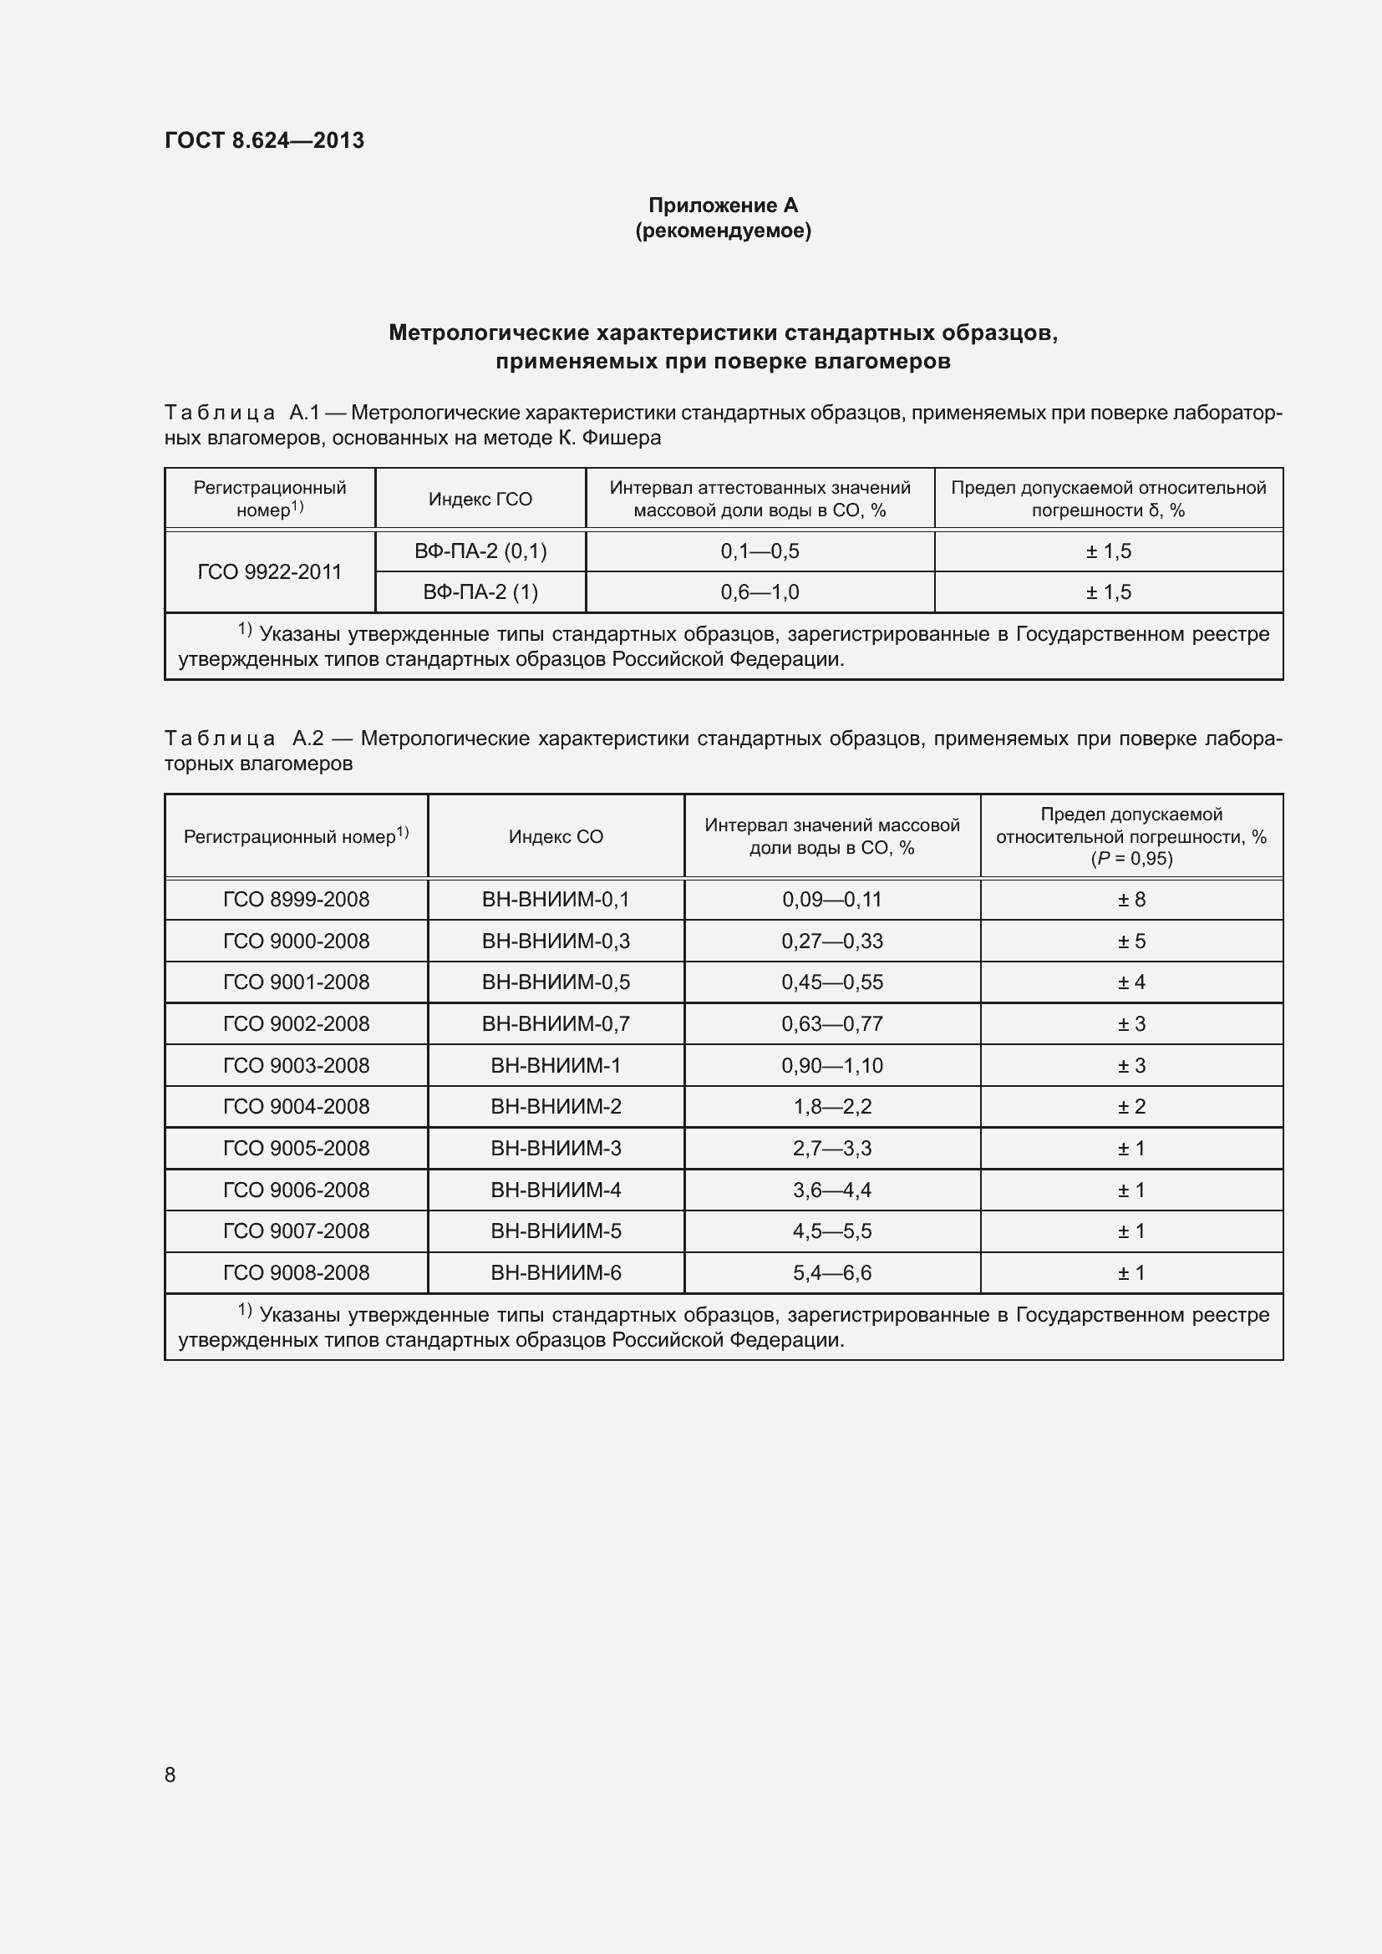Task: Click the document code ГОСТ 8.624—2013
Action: (264, 140)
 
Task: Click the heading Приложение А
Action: (723, 206)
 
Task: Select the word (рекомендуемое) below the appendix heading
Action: (723, 231)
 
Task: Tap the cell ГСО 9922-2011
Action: (269, 572)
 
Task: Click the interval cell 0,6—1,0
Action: (759, 592)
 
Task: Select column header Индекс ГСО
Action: (480, 500)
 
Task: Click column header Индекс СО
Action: (556, 836)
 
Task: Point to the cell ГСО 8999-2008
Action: (296, 900)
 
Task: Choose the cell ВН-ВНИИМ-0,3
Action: (556, 941)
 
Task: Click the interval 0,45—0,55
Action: (831, 982)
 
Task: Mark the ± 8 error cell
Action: (1131, 900)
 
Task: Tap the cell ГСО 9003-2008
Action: (296, 1065)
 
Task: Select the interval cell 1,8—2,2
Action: (831, 1106)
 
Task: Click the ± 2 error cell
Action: (1131, 1106)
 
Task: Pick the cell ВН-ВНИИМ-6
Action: (556, 1273)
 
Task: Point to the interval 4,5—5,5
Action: (831, 1231)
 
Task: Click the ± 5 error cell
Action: (1131, 941)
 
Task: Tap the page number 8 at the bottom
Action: (170, 1774)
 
